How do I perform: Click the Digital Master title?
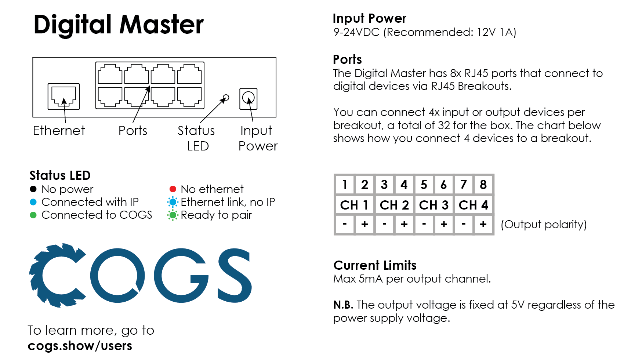point(118,25)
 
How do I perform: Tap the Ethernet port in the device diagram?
point(64,96)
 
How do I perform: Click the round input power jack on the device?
point(248,99)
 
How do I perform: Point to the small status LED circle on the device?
point(226,98)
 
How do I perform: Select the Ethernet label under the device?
point(59,131)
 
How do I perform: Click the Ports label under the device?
point(133,131)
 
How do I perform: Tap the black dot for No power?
point(33,189)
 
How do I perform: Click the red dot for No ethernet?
point(173,189)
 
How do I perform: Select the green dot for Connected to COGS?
point(33,215)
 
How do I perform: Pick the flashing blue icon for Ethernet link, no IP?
point(173,202)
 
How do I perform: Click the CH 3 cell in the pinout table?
point(434,205)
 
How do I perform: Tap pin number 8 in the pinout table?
point(483,184)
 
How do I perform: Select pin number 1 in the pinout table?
point(345,184)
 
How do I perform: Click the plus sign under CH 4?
point(483,224)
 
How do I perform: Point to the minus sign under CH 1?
point(345,224)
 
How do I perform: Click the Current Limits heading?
point(375,265)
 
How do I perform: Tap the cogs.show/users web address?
point(80,346)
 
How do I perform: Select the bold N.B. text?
point(343,305)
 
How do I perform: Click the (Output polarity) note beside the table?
point(544,224)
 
